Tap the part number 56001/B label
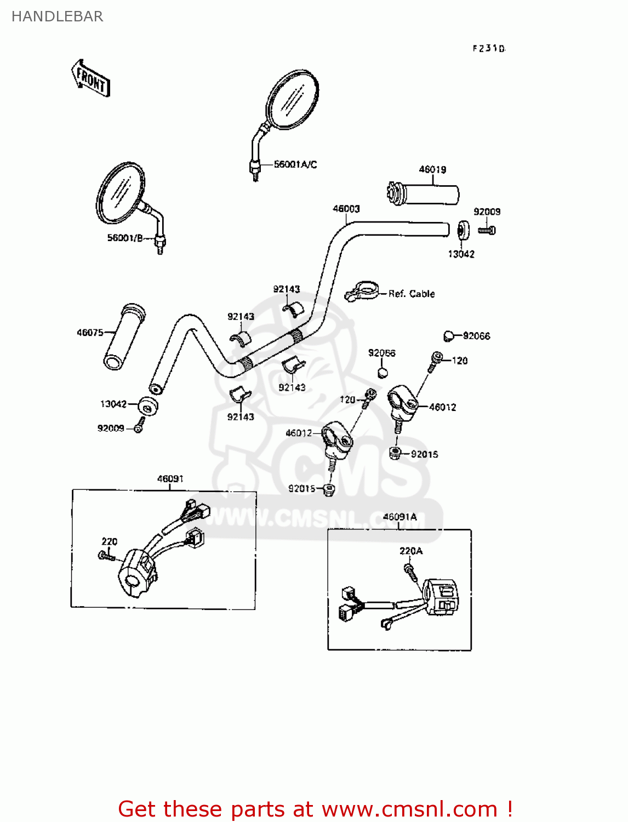tap(125, 238)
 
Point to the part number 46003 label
tap(346, 209)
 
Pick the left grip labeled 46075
tap(125, 337)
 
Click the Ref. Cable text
tap(412, 294)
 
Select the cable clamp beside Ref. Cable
tap(362, 290)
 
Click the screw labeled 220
tap(106, 556)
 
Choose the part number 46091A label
tap(399, 517)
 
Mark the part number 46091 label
tap(170, 479)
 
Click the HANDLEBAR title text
tap(58, 16)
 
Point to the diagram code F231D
tap(489, 48)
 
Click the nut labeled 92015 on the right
tap(395, 453)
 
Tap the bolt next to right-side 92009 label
tap(487, 231)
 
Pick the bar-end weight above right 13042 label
tap(463, 230)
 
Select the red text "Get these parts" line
tap(315, 809)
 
